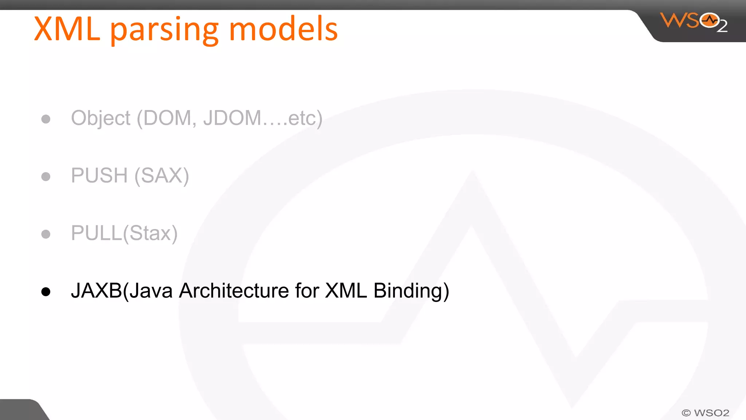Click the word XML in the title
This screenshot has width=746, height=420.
click(x=67, y=29)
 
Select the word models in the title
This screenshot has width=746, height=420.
click(x=283, y=29)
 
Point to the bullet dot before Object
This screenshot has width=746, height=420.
click(x=46, y=119)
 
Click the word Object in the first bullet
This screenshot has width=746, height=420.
click(x=101, y=118)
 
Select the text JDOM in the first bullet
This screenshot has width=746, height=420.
click(x=232, y=118)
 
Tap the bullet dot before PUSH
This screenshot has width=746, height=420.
click(x=46, y=176)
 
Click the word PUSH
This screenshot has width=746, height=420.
click(x=99, y=175)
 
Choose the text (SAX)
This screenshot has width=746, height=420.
click(x=162, y=176)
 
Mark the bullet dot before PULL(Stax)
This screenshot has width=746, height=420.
click(x=46, y=234)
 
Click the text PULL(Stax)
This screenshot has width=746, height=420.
click(x=124, y=233)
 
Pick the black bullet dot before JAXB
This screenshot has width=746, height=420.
click(x=46, y=291)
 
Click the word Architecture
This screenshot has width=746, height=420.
click(x=234, y=291)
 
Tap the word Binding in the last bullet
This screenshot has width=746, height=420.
click(x=411, y=291)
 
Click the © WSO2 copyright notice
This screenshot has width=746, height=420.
click(x=705, y=413)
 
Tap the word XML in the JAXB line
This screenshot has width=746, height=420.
click(x=346, y=291)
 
